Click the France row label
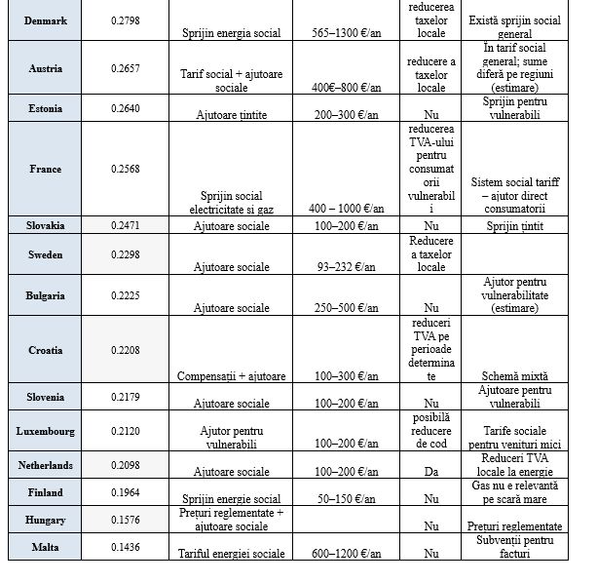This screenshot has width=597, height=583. [45, 169]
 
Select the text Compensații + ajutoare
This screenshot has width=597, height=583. [232, 375]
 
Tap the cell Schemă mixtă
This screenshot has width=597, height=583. [513, 375]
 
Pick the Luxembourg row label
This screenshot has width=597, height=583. [45, 431]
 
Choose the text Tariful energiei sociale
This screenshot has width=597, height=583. [232, 554]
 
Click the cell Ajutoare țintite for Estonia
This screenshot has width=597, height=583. [232, 115]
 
